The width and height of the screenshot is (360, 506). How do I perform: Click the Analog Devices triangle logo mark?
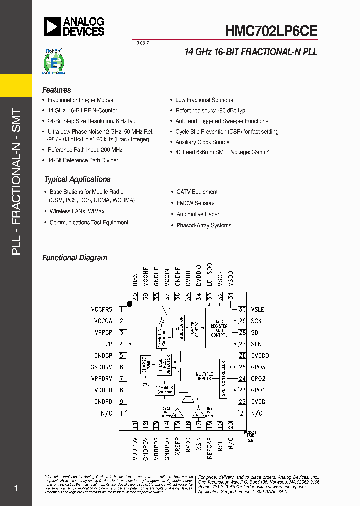click(x=52, y=26)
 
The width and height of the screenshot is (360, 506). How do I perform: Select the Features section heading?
click(x=56, y=90)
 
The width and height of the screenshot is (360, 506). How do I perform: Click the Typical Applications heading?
click(x=77, y=179)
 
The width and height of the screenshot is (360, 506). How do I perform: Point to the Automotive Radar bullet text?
click(x=198, y=214)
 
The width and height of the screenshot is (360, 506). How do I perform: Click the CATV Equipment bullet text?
click(x=197, y=192)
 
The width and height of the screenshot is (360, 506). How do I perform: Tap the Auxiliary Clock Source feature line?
click(x=202, y=142)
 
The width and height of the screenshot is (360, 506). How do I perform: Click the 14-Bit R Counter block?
click(x=164, y=389)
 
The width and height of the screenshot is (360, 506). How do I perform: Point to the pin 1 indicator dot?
click(x=129, y=304)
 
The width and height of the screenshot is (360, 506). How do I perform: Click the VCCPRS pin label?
click(x=102, y=310)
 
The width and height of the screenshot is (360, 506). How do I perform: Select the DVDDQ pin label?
click(x=260, y=356)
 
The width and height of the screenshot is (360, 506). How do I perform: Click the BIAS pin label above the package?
click(x=135, y=280)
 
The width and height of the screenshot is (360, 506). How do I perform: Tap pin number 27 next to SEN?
click(x=242, y=344)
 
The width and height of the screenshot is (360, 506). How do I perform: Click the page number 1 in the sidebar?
click(x=16, y=488)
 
